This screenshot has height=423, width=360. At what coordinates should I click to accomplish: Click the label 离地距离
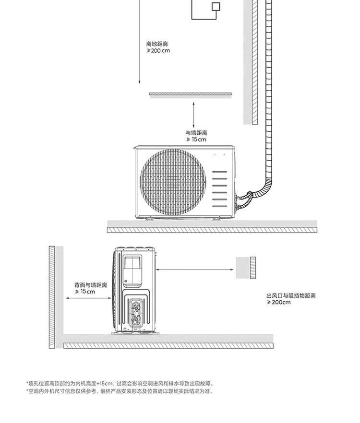click(x=157, y=44)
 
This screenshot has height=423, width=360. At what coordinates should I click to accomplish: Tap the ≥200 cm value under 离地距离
click(x=158, y=51)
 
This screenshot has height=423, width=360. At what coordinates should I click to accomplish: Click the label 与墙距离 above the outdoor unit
click(x=196, y=133)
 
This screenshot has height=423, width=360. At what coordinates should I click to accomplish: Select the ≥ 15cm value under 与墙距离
click(x=196, y=140)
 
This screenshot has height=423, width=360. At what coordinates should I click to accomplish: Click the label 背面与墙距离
click(x=91, y=285)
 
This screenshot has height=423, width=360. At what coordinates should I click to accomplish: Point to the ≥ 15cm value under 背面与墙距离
click(x=85, y=292)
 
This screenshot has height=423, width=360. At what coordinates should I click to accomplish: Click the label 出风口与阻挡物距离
click(x=291, y=295)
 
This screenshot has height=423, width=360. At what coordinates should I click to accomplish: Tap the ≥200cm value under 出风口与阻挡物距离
click(x=279, y=303)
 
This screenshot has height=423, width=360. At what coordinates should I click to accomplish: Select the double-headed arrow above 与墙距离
click(x=193, y=115)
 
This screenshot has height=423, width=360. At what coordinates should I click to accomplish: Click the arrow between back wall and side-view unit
click(x=89, y=298)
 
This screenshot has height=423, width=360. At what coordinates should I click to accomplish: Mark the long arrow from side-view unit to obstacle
click(x=195, y=269)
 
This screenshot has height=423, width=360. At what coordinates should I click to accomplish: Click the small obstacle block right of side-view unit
click(x=246, y=268)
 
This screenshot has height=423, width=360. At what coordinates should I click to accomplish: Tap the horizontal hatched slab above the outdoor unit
click(x=191, y=94)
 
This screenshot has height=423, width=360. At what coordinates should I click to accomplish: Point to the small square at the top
click(x=216, y=7)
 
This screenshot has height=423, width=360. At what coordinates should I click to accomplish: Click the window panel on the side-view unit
click(x=132, y=270)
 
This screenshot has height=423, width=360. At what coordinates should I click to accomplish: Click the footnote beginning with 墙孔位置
click(x=120, y=383)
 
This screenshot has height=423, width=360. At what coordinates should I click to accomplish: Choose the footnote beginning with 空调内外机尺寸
click(x=120, y=391)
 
